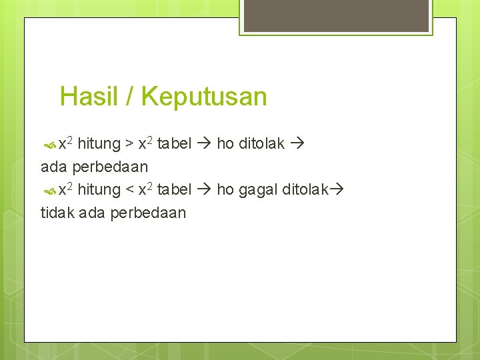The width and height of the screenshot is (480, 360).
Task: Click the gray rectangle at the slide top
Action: tap(336, 15)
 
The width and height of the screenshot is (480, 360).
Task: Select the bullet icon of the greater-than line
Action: tap(50, 144)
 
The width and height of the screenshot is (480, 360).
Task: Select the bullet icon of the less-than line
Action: tap(50, 191)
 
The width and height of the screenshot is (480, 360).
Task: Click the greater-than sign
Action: tap(129, 144)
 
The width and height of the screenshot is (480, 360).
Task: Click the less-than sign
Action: tap(129, 191)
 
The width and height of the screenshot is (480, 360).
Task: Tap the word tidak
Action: tap(57, 213)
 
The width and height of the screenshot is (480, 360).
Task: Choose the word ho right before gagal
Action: tap(225, 190)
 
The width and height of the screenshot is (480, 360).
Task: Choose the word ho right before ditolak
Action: tap(225, 143)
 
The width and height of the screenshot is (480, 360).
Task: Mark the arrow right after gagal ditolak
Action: tap(336, 190)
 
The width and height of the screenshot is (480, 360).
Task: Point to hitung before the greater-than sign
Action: tap(99, 143)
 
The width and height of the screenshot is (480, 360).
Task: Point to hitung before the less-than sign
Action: tap(99, 190)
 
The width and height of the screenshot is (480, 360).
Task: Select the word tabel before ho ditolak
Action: tap(174, 143)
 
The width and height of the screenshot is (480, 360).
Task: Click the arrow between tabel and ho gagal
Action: tap(204, 190)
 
